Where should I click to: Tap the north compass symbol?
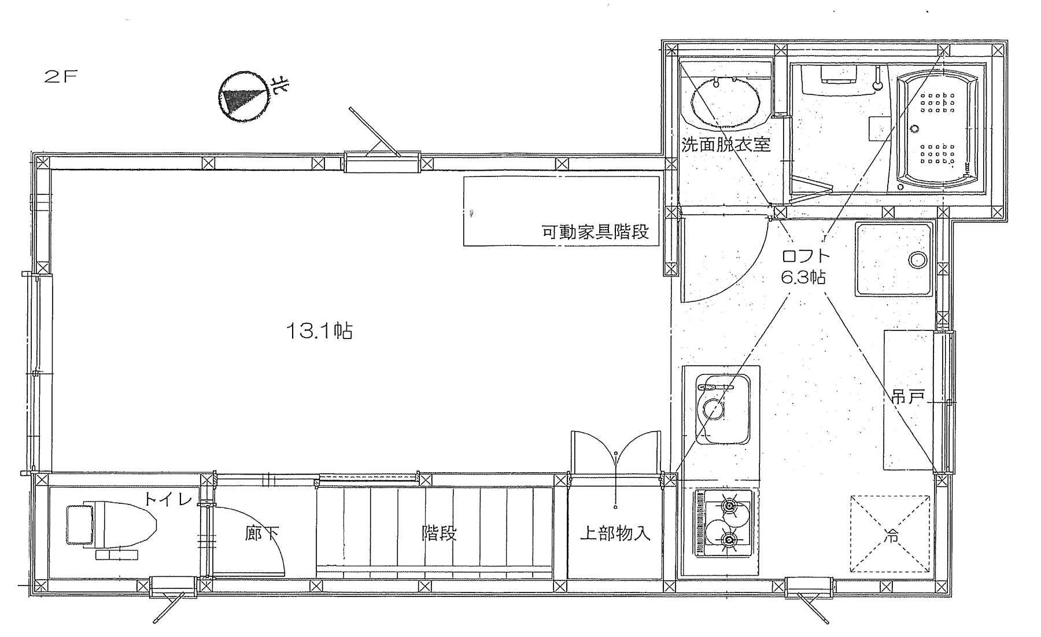click(243, 96)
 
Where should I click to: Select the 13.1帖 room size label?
click(319, 332)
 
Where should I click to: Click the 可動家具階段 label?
click(595, 232)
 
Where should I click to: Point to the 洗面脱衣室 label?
click(726, 144)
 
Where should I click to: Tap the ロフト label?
click(806, 256)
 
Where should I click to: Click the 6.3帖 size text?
click(803, 278)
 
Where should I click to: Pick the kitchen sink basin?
click(723, 409)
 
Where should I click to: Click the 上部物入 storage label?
click(615, 533)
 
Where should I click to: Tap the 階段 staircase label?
click(439, 533)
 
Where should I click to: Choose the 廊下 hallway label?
click(262, 533)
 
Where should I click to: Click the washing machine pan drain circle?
click(918, 259)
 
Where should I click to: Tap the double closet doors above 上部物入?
click(615, 453)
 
